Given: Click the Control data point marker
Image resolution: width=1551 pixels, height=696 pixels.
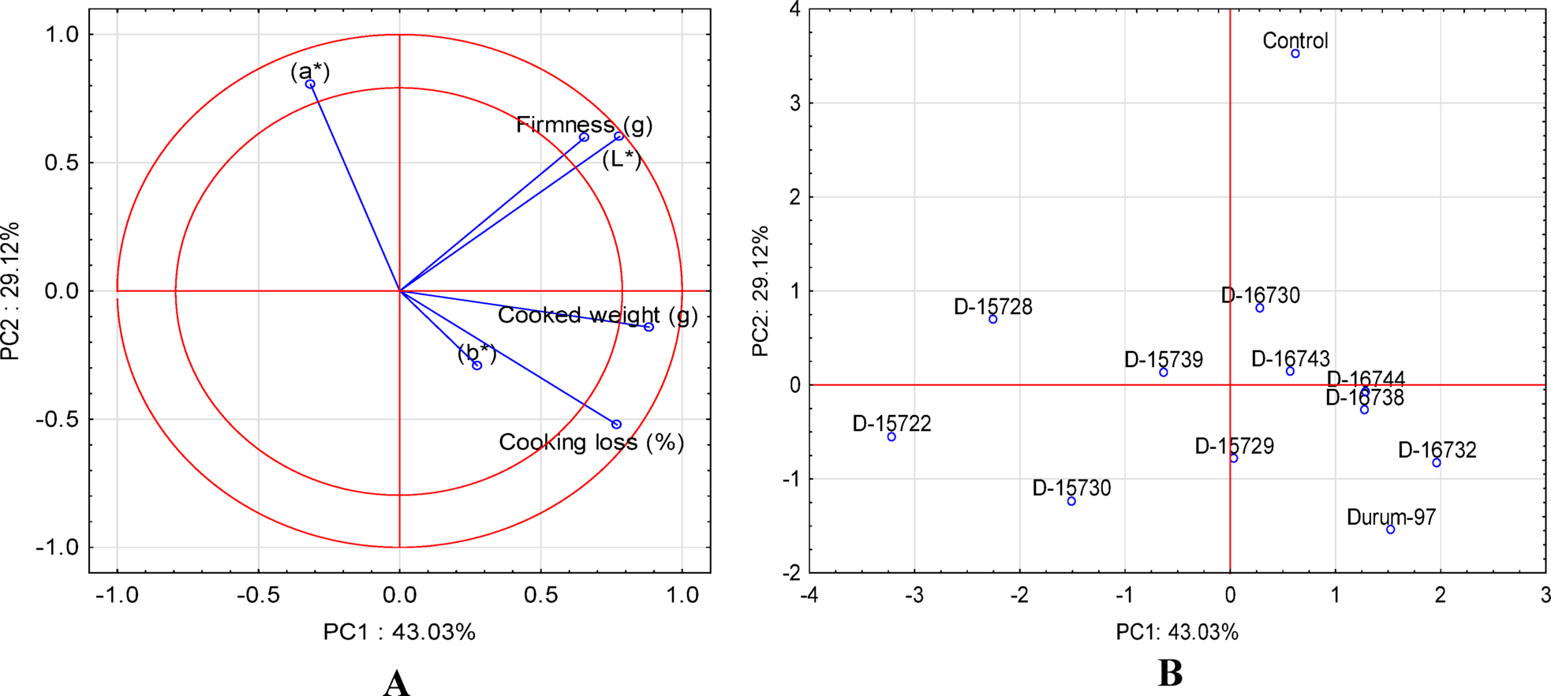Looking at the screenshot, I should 1295,54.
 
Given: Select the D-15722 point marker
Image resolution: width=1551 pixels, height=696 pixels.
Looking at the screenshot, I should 891,437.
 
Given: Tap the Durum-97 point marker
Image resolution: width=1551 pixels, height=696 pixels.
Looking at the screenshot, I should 1391,529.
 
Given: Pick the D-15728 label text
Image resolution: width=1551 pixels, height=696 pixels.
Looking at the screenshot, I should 992,307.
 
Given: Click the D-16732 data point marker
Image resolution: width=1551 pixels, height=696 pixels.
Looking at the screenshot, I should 1437,463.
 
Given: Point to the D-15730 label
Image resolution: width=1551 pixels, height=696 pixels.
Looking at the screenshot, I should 1071,488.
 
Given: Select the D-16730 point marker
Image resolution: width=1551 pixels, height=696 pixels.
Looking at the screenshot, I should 1260,308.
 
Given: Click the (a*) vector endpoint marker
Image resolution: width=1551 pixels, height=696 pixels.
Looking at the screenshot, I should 310,84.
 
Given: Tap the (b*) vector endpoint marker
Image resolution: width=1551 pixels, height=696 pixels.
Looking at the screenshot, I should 477,365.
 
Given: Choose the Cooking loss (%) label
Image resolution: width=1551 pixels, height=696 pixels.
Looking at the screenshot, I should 591,443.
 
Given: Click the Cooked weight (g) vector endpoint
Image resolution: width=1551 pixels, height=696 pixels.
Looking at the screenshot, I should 649,327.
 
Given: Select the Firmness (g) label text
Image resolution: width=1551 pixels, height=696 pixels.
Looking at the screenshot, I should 584,125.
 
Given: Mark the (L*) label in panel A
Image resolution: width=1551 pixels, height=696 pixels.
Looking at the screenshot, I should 622,159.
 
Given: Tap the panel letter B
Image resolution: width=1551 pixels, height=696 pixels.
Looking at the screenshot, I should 1170,673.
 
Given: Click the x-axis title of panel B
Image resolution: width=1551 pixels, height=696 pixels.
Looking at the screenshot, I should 1176,632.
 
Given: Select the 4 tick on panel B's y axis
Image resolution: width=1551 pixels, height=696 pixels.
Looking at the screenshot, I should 794,9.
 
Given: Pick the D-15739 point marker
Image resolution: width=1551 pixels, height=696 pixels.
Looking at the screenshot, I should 1164,372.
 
